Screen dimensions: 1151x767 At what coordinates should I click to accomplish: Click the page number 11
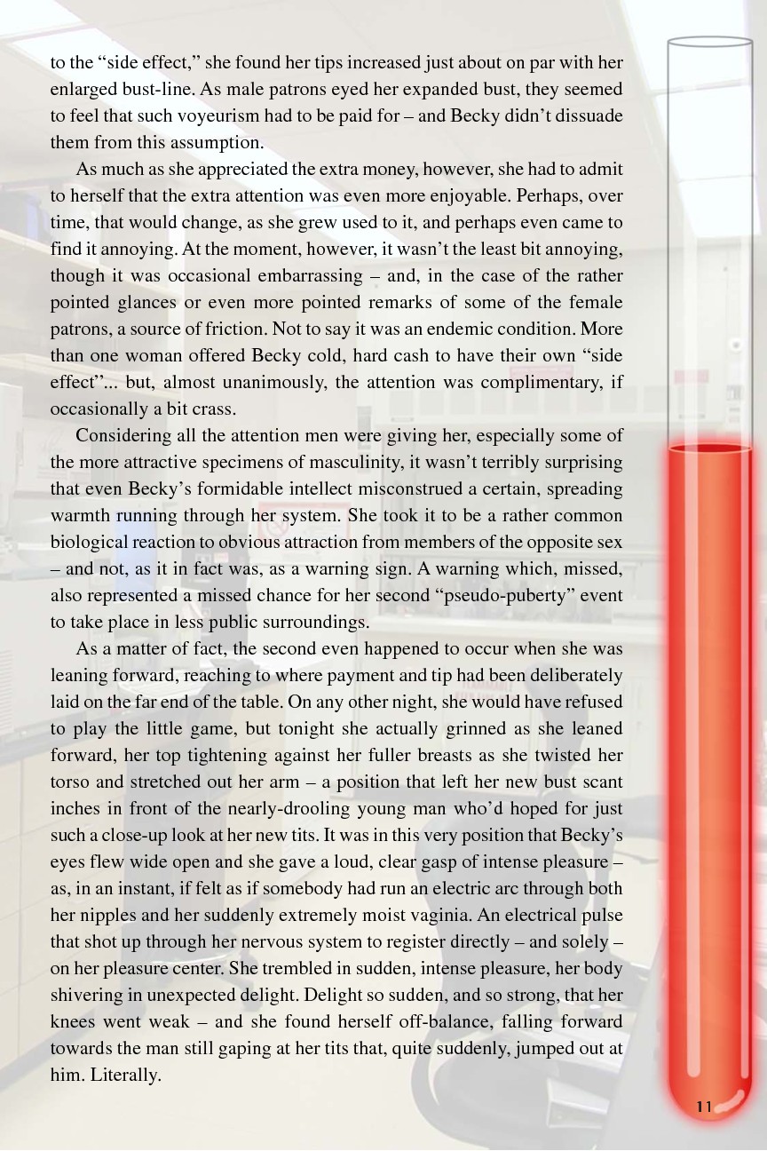(705, 1106)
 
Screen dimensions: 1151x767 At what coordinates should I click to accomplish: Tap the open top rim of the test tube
(709, 41)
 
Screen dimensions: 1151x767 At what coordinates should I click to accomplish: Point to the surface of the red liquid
(709, 448)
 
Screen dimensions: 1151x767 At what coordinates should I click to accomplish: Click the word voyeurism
(277, 115)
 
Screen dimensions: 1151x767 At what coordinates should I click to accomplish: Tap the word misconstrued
(403, 488)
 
